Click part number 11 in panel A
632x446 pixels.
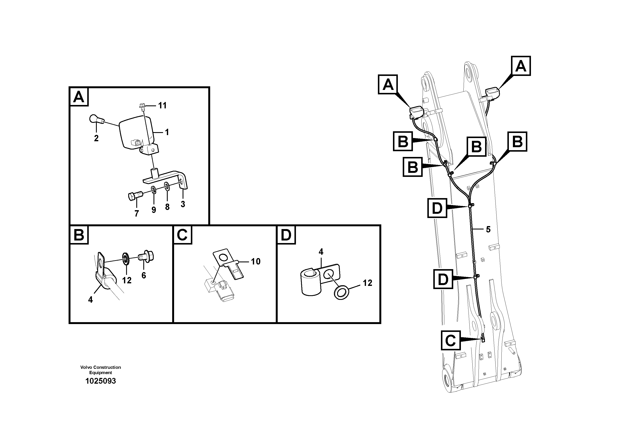coord(162,105)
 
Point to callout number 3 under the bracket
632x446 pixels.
coord(183,204)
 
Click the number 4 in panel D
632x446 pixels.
coord(321,252)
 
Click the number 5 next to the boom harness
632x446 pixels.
coord(488,229)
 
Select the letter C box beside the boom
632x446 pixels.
coord(451,340)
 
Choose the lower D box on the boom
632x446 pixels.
coord(443,279)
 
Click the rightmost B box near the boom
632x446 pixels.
coord(518,142)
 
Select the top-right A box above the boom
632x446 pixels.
coord(521,66)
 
